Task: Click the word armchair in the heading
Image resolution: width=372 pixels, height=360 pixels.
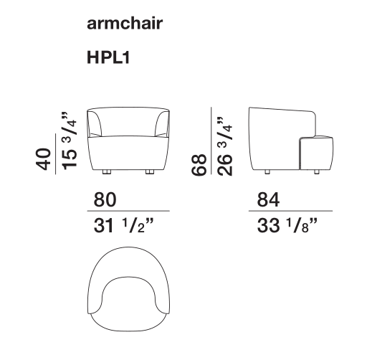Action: pos(125,24)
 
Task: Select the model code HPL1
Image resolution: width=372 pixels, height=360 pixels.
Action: pos(108,57)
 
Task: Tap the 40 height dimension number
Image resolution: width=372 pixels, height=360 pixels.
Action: pos(44,159)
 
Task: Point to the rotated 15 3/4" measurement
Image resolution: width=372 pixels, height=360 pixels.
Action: pos(70,141)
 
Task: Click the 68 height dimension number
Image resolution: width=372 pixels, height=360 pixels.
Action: pos(199,165)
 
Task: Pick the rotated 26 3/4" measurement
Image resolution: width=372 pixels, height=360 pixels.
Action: pos(225,146)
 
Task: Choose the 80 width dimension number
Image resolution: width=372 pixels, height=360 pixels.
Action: pos(105,200)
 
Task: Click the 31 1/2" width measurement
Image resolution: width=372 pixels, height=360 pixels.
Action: pos(123,226)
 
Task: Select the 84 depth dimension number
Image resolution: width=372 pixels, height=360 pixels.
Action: pos(268,200)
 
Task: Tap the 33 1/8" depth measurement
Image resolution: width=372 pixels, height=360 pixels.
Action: pos(287,226)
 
